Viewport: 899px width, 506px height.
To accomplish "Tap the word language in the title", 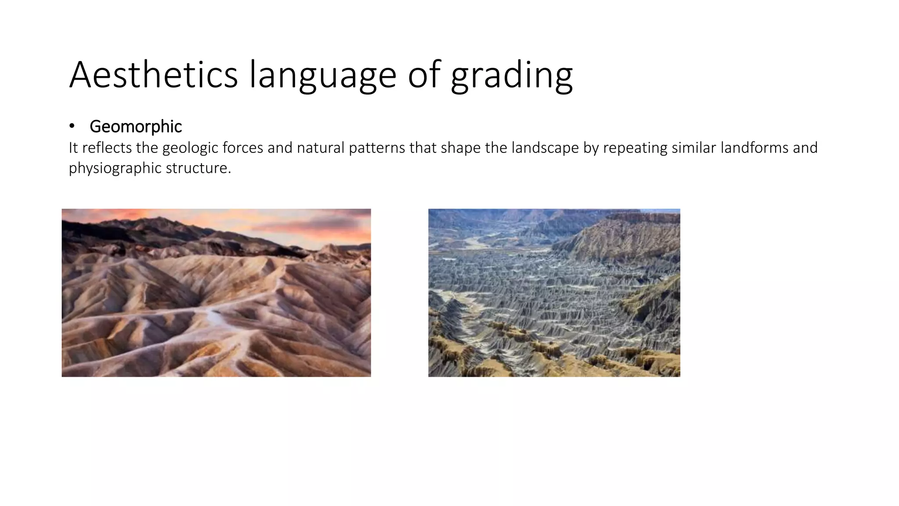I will pos(323,76).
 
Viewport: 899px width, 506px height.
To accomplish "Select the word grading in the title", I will pos(511,76).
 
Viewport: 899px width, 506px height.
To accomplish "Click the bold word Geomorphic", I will pos(136,126).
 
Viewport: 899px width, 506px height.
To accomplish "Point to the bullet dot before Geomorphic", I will pos(72,126).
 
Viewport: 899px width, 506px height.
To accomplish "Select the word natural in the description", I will pos(320,148).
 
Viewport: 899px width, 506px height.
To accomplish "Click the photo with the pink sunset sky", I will pos(216,293).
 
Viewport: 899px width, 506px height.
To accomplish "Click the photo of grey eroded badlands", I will pos(554,293).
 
